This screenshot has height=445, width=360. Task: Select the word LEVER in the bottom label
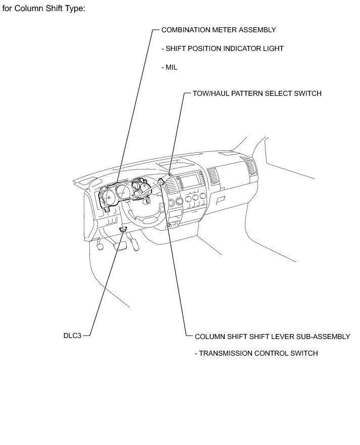[275, 337]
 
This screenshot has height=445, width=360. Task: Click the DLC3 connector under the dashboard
[122, 230]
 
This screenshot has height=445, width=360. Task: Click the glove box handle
[221, 200]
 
